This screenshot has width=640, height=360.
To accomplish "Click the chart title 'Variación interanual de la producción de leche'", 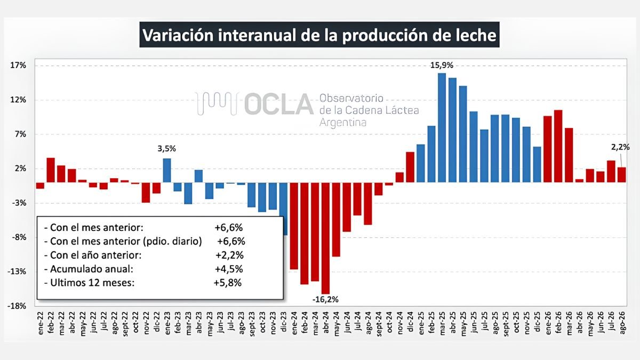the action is (319, 35).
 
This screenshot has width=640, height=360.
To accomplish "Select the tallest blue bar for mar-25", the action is (442, 127).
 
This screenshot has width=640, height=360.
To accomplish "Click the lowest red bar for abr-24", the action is (325, 238).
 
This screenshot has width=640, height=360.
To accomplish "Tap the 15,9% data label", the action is (442, 66).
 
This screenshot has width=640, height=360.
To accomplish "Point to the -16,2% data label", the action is (325, 299).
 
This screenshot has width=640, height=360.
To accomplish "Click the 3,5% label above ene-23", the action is (167, 149).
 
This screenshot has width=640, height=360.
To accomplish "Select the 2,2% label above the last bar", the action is (620, 147).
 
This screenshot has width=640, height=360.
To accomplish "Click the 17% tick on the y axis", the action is (18, 66).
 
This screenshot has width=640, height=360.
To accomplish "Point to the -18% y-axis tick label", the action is (17, 306).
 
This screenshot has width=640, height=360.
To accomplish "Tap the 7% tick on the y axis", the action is (20, 134).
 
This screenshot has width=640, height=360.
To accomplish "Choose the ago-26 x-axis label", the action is (622, 323).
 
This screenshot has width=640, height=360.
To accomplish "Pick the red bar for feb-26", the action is (558, 146).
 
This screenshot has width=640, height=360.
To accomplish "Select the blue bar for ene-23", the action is (167, 170).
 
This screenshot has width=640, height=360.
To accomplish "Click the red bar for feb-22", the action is (51, 170).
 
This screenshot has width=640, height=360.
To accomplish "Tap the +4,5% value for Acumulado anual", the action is (229, 269).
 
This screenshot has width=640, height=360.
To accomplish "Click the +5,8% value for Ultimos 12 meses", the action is (228, 283).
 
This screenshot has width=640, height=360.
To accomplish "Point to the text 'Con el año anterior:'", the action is (95, 255).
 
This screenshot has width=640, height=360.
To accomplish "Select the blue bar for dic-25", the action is (537, 165).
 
